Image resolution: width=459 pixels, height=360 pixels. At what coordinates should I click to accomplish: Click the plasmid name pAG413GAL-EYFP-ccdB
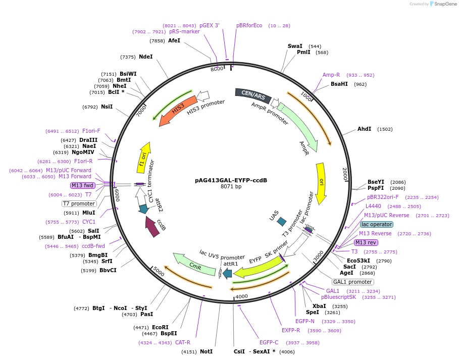pyautogui.click(x=231, y=180)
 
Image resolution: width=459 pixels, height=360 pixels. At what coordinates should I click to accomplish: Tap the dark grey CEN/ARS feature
pyautogui.click(x=252, y=95)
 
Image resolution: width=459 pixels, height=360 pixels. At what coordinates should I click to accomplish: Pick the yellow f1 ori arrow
pyautogui.click(x=144, y=158)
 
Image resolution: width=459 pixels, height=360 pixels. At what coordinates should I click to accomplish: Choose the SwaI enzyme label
pyautogui.click(x=295, y=46)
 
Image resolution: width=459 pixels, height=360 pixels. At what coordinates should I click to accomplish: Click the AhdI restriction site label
pyautogui.click(x=364, y=129)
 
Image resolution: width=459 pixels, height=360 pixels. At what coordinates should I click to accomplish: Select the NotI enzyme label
pyautogui.click(x=206, y=351)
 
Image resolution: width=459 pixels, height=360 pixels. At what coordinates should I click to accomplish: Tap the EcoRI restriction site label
pyautogui.click(x=161, y=327)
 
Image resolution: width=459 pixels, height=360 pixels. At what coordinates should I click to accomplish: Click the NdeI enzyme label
pyautogui.click(x=145, y=57)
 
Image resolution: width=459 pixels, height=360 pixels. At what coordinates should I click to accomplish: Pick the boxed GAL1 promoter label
pyautogui.click(x=352, y=282)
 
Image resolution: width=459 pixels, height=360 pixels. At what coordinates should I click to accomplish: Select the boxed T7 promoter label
pyautogui.click(x=79, y=203)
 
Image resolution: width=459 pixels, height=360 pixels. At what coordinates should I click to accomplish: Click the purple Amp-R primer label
pyautogui.click(x=331, y=75)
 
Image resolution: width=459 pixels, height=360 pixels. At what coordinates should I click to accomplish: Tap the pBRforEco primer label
pyautogui.click(x=249, y=25)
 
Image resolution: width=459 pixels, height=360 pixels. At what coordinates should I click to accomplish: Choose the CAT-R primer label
pyautogui.click(x=183, y=342)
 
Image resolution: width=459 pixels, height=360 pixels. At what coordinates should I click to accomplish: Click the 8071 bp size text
pyautogui.click(x=231, y=187)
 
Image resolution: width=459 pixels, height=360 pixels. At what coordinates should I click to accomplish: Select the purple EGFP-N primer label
pyautogui.click(x=305, y=321)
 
